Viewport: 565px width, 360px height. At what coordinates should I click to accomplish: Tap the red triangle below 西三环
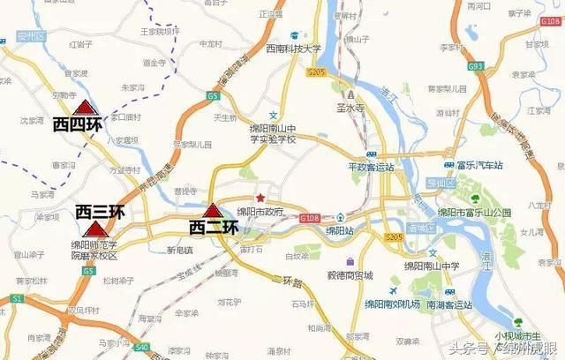[93, 229]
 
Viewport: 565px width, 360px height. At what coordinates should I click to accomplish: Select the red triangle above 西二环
[212, 211]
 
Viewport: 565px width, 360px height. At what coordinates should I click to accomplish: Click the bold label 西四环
[78, 124]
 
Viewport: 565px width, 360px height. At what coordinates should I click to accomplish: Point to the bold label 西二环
[215, 227]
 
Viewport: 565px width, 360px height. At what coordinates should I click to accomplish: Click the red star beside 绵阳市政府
[260, 197]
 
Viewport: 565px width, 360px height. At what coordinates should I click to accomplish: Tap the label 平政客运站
[370, 165]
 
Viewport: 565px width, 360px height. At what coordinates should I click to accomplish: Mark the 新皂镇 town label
[179, 250]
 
